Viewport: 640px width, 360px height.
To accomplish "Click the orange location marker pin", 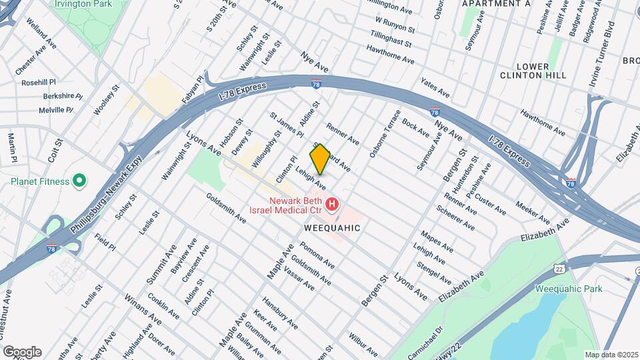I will pyautogui.click(x=320, y=159).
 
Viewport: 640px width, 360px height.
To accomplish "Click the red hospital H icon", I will pyautogui.click(x=331, y=202).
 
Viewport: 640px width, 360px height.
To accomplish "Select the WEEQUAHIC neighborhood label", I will pyautogui.click(x=332, y=228).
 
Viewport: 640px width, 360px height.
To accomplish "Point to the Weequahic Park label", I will pyautogui.click(x=569, y=289).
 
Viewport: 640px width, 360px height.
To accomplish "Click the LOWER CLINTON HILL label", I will pyautogui.click(x=533, y=71).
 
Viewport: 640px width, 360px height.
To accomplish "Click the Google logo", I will pyautogui.click(x=22, y=352).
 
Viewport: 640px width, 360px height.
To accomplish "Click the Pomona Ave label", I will pyautogui.click(x=317, y=255).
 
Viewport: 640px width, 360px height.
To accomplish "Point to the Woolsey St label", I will pyautogui.click(x=106, y=100).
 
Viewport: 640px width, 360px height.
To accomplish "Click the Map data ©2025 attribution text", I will pyautogui.click(x=611, y=355).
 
